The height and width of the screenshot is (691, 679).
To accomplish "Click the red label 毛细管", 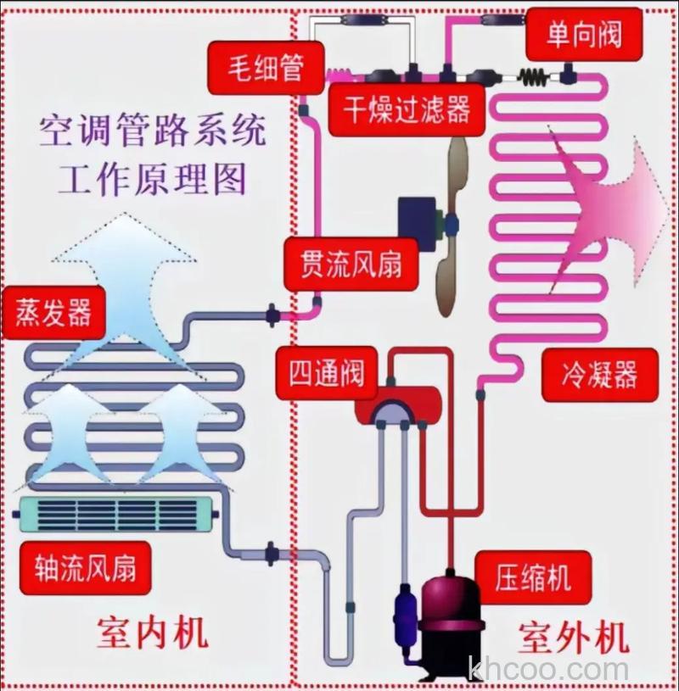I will coord(266,68).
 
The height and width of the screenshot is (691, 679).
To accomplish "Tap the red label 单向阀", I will coord(583,34).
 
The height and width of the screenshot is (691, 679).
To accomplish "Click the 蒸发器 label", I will coord(53,313).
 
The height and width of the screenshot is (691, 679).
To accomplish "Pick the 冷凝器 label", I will coord(599,373).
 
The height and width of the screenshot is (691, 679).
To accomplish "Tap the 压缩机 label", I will coord(533,578).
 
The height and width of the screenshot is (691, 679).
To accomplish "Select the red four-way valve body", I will coord(397,405).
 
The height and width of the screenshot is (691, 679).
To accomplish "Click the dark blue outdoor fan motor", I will coord(418,221).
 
